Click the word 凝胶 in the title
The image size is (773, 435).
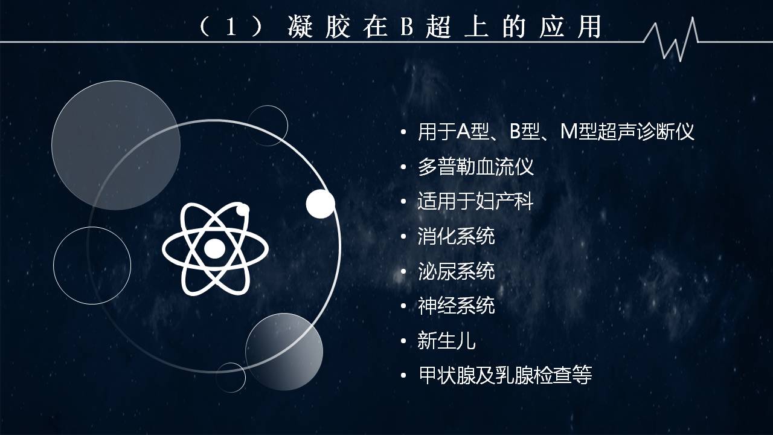(x=319, y=27)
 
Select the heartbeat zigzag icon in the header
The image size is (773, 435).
(x=671, y=39)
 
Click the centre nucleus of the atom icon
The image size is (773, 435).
(x=214, y=248)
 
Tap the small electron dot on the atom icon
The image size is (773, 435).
(x=243, y=210)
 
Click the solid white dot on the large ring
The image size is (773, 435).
(x=321, y=204)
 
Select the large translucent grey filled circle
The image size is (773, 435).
(x=116, y=146)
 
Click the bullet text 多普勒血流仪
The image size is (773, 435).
(x=475, y=167)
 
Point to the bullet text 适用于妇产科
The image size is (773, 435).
(x=475, y=201)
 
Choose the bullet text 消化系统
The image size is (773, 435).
(x=456, y=236)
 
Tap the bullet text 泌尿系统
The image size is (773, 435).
(x=456, y=271)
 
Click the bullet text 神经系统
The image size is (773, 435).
(x=456, y=306)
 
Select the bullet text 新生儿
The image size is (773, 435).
(x=446, y=340)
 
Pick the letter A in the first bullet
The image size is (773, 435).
(x=463, y=132)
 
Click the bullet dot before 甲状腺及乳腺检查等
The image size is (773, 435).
(x=403, y=375)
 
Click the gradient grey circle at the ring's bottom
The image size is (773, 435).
(x=284, y=352)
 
